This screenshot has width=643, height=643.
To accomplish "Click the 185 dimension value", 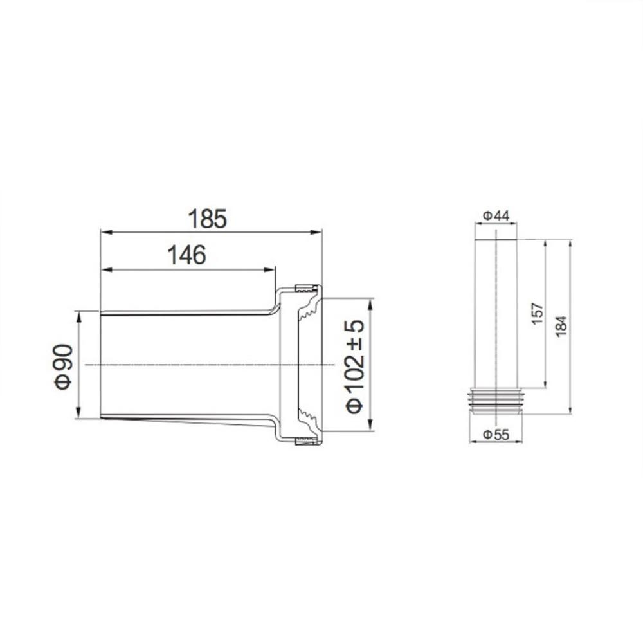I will point(208,219).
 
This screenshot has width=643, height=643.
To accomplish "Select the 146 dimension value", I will point(186,255).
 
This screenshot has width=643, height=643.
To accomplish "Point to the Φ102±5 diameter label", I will point(355,365).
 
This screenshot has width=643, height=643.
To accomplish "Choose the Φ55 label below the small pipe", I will point(496,435).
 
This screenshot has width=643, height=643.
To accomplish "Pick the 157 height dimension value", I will point(538,314).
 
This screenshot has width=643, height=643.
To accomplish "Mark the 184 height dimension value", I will point(561,327).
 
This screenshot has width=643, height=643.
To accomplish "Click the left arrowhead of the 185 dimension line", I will point(103,232).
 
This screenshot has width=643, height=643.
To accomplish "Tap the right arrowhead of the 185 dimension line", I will point(318,232).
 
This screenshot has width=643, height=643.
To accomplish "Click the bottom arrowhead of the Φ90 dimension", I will point(78,415).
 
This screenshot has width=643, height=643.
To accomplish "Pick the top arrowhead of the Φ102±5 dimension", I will point(370,302).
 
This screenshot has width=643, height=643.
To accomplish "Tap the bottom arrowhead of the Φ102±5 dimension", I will point(370,425).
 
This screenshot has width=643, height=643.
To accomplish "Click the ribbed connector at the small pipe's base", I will point(496,398).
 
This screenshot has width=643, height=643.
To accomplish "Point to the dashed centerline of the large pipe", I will point(193,365).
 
